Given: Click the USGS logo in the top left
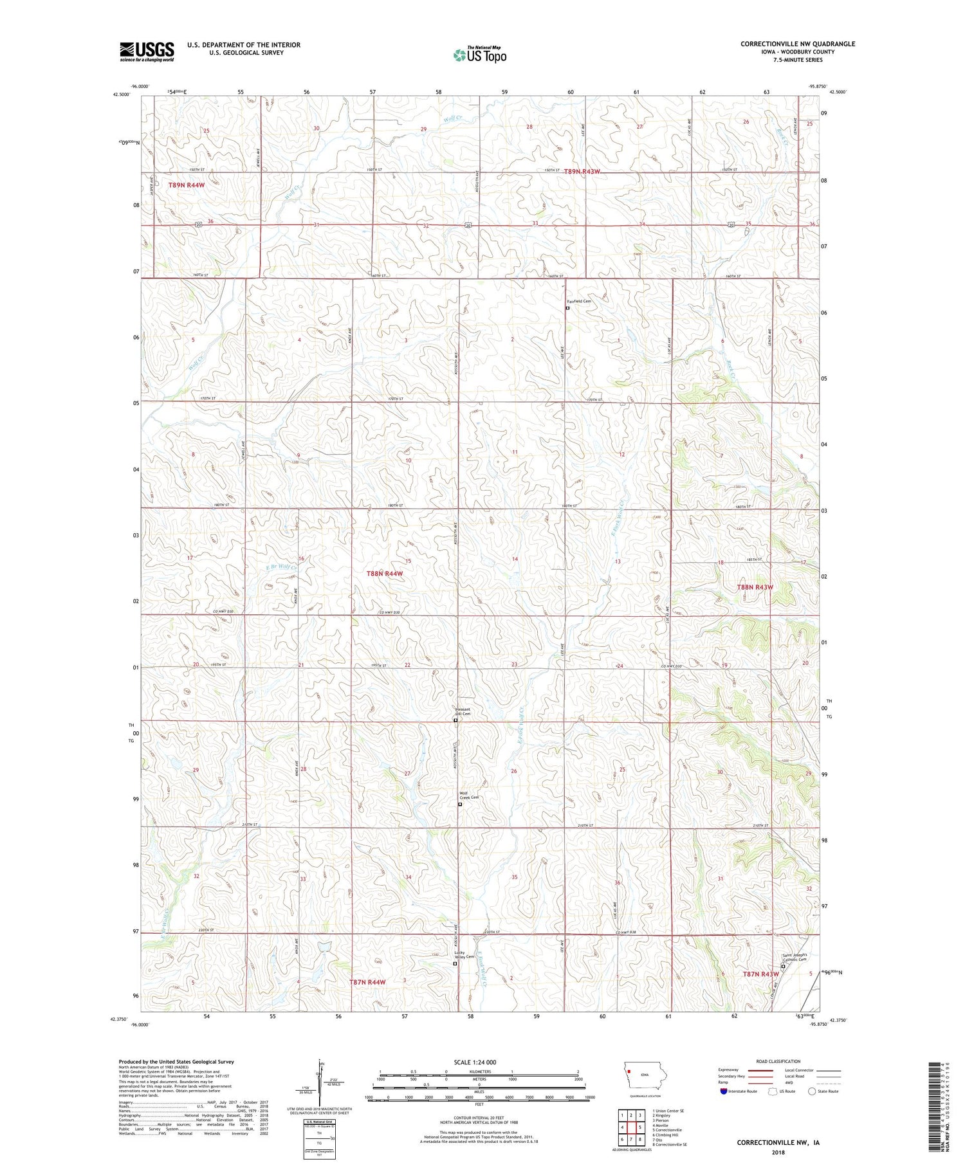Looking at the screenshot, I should coord(147,51).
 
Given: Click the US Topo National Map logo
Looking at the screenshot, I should coord(480,55).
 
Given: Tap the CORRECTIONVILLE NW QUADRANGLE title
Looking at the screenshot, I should coord(798,44).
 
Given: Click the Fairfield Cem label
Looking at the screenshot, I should coord(578,301).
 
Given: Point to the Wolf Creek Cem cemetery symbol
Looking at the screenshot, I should coord(460,804).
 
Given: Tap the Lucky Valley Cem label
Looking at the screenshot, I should coord(464,955).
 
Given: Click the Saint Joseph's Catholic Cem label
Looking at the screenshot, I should coord(798,956).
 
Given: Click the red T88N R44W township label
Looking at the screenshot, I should coord(385,573).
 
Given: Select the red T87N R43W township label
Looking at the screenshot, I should coord(760,974).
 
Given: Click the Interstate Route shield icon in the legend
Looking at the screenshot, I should coord(723,1091).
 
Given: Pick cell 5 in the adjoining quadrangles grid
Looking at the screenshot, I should coord(640,1127).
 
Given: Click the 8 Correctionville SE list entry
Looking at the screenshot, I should coord(669,1144).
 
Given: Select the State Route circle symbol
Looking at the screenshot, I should coord(812,1091).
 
